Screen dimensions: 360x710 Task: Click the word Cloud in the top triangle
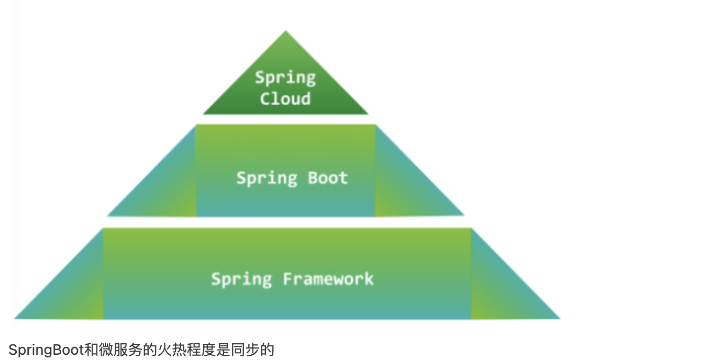(x=285, y=98)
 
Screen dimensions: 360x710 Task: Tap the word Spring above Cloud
(x=285, y=78)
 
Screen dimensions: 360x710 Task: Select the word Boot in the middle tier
(x=328, y=178)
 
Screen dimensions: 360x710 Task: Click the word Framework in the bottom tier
(x=328, y=278)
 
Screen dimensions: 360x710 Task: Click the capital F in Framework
(x=288, y=278)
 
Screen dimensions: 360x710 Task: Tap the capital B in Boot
(x=313, y=178)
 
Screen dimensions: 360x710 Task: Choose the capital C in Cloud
(x=265, y=98)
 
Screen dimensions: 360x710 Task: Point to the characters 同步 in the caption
(x=249, y=350)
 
